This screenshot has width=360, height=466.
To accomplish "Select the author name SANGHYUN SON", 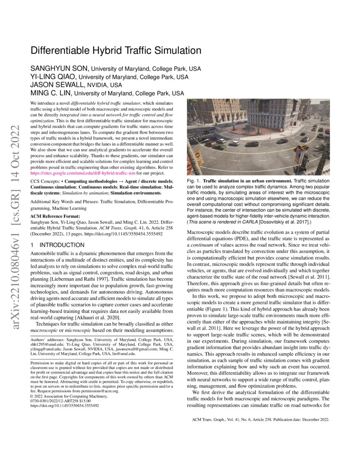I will coord(59,69).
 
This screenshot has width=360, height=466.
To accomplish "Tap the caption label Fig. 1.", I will coord(194,181).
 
